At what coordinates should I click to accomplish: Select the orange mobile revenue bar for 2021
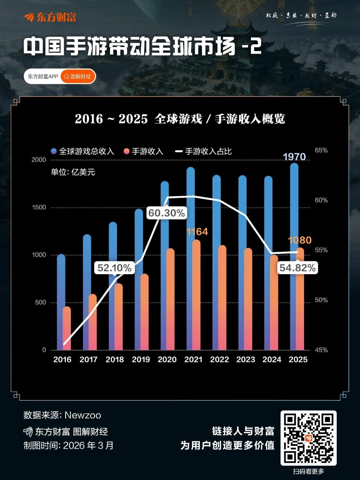click(x=196, y=296)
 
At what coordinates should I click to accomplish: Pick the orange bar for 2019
click(x=144, y=312)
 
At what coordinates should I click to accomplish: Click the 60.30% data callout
click(x=166, y=213)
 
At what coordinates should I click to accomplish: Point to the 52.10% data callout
click(x=114, y=268)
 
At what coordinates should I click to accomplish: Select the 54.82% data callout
click(x=297, y=268)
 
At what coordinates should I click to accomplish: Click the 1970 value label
click(x=294, y=157)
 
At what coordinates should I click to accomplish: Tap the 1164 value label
click(x=197, y=232)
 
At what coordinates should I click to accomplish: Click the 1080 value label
click(x=300, y=240)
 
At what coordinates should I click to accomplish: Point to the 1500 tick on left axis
click(x=39, y=207)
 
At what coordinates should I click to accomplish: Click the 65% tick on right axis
click(x=321, y=150)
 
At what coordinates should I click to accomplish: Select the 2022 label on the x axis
click(x=219, y=360)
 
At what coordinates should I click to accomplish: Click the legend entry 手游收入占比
click(x=204, y=151)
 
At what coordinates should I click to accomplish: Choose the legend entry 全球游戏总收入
click(x=83, y=151)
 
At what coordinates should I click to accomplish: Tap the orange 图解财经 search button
click(x=78, y=77)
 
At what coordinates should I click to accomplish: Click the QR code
click(x=309, y=438)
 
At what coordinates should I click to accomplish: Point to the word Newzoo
click(x=83, y=415)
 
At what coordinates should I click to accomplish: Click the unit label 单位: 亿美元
click(x=73, y=172)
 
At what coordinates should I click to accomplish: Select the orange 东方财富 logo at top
click(x=50, y=17)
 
